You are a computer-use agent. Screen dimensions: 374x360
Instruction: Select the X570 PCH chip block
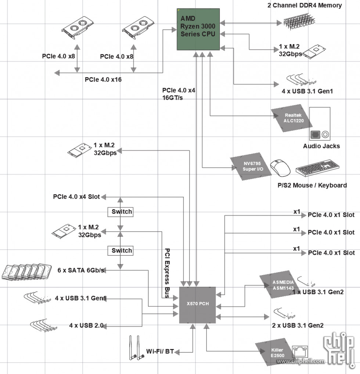pyautogui.click(x=197, y=304)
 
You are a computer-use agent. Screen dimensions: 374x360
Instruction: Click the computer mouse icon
pyautogui.click(x=280, y=168)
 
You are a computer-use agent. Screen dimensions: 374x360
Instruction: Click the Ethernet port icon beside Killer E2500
pyautogui.click(x=297, y=351)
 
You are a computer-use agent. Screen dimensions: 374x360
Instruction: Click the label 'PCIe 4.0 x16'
pyautogui.click(x=103, y=79)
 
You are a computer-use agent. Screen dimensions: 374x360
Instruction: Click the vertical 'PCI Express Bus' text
pyautogui.click(x=167, y=272)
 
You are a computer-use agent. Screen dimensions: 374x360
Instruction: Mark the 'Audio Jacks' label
pyautogui.click(x=321, y=146)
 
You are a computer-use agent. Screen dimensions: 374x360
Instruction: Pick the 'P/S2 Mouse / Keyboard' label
pyautogui.click(x=312, y=185)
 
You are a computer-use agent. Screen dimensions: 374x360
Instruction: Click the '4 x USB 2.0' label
pyautogui.click(x=86, y=325)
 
